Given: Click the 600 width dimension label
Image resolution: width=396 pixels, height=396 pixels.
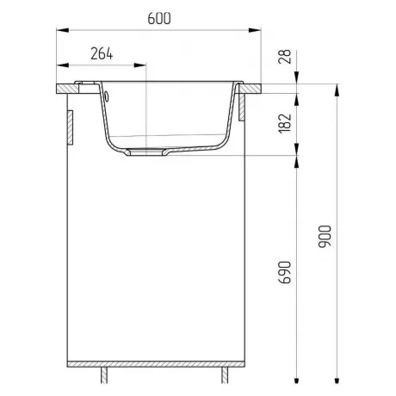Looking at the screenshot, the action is (x=159, y=19).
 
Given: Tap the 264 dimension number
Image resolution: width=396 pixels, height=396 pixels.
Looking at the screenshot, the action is (x=102, y=53).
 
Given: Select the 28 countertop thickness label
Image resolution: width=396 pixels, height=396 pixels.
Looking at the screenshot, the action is (x=285, y=57).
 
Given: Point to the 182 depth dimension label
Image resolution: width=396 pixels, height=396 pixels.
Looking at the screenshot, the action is (x=285, y=123).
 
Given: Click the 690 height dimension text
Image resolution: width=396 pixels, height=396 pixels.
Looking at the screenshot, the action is (x=285, y=272).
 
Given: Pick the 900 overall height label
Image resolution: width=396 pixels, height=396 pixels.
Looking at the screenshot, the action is (x=325, y=236).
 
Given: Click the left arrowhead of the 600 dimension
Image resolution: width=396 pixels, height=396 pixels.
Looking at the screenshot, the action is (x=63, y=30).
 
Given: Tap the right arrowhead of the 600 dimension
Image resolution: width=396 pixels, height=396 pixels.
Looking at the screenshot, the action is (x=255, y=30).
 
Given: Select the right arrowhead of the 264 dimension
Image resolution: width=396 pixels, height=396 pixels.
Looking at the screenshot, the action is (x=140, y=65).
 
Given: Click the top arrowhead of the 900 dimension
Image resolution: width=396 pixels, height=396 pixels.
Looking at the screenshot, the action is (x=337, y=90).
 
